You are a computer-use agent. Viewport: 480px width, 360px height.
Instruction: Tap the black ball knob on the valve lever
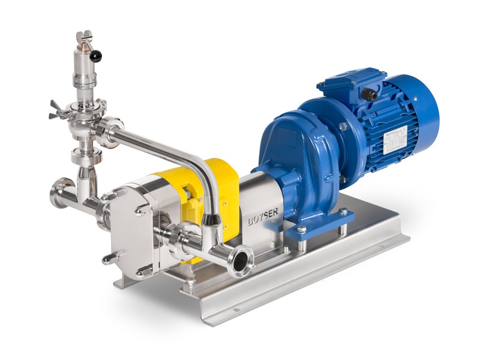pos(96,56)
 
